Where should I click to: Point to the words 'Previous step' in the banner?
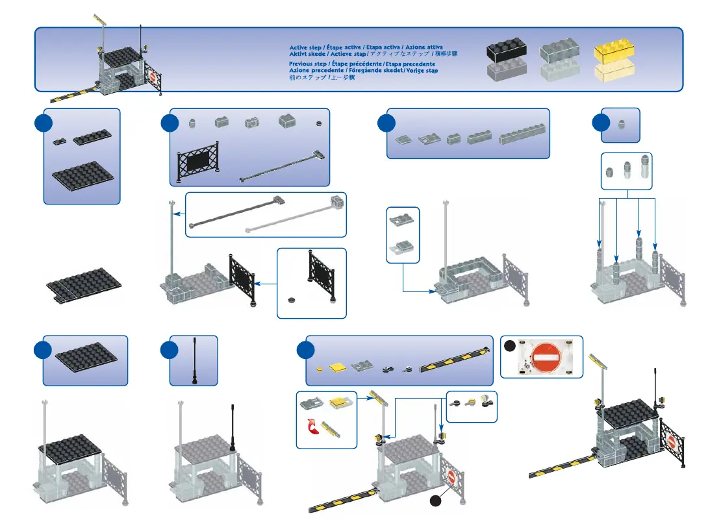tap(308, 64)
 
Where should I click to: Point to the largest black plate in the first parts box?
tap(82, 174)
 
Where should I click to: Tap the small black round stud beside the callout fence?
tap(292, 300)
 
